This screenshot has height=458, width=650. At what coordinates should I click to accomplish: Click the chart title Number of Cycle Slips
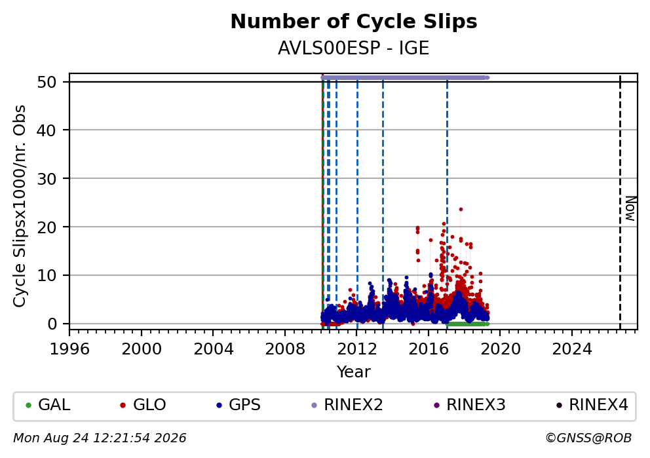354,22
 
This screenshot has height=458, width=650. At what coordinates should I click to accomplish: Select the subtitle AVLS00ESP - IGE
353,48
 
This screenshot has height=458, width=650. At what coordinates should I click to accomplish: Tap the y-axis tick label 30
47,179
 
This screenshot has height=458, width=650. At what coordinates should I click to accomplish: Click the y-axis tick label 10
47,275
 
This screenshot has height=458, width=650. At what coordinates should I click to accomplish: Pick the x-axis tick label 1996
69,349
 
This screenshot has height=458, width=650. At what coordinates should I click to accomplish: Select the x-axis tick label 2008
285,349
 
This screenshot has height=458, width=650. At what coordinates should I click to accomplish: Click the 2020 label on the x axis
500,349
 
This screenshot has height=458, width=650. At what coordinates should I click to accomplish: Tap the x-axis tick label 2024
571,349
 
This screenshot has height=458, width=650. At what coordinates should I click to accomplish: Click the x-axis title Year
354,372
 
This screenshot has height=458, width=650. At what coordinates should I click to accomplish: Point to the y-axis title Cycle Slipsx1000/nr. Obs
19,206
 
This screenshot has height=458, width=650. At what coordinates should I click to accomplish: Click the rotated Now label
630,208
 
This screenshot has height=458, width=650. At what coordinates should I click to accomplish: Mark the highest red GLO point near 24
461,209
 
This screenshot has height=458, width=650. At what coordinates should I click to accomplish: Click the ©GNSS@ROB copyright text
588,438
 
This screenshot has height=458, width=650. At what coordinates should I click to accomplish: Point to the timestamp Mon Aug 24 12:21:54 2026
100,438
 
